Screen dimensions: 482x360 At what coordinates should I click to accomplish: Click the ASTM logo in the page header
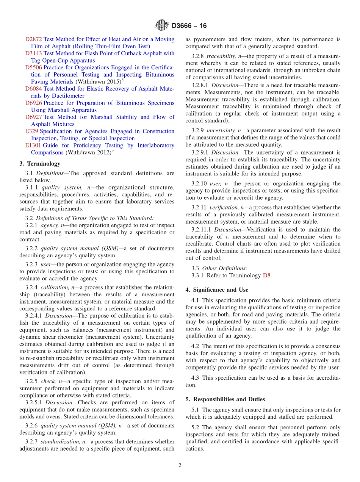[x=161, y=25]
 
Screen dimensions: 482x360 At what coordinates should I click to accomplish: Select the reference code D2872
[x=34, y=39]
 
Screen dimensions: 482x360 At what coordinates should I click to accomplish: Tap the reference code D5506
[x=34, y=67]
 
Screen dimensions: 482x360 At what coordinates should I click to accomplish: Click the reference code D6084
[x=34, y=89]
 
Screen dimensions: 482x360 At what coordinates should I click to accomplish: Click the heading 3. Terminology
[x=40, y=164]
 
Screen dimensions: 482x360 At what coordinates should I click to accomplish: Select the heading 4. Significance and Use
[x=217, y=290]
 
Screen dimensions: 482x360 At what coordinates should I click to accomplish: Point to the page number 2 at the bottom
[x=180, y=466]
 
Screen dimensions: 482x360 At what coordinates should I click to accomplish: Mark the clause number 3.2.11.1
[x=202, y=230]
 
